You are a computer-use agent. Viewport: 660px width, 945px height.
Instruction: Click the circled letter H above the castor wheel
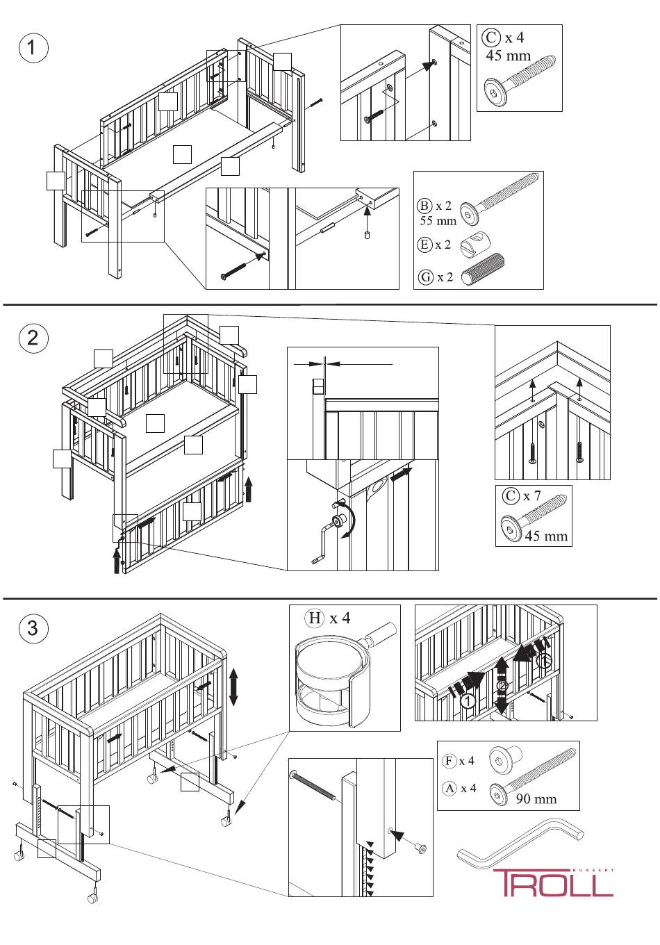tap(315, 618)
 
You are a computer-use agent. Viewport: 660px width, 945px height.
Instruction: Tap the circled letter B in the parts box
tap(424, 206)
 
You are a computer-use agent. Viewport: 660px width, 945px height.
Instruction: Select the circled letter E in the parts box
tap(424, 245)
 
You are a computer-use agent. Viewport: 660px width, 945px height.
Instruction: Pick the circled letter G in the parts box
tap(424, 277)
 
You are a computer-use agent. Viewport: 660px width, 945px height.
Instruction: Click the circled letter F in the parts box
tap(449, 760)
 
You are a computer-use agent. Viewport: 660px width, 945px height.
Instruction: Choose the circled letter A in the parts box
tap(449, 788)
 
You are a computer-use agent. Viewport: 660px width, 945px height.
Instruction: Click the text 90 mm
tap(536, 798)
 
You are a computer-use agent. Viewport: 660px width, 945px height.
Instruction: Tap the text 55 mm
tap(438, 221)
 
